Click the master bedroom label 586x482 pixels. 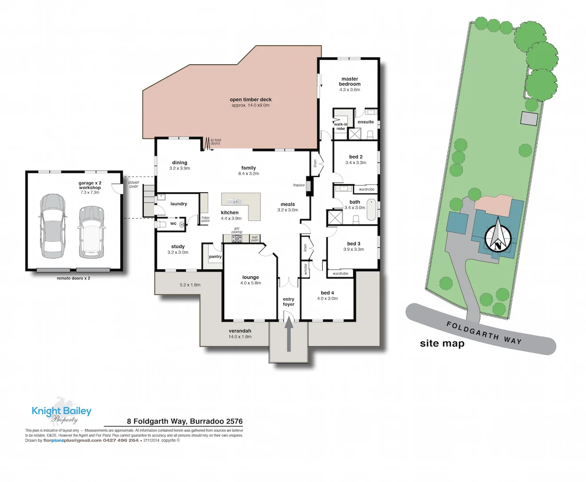tap(350, 81)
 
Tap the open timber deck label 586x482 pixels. tap(251, 100)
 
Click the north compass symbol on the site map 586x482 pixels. tap(498, 237)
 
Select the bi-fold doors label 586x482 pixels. tap(215, 141)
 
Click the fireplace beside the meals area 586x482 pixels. tap(308, 187)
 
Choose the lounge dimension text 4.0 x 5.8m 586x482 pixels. tap(251, 283)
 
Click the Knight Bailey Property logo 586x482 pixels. tap(62, 412)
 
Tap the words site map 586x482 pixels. tap(442, 343)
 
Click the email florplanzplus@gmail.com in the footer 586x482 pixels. tap(72, 440)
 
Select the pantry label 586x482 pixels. tap(215, 257)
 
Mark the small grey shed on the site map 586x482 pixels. tap(529, 118)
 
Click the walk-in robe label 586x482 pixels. tap(341, 126)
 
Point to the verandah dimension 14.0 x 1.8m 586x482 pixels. tap(240, 337)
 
